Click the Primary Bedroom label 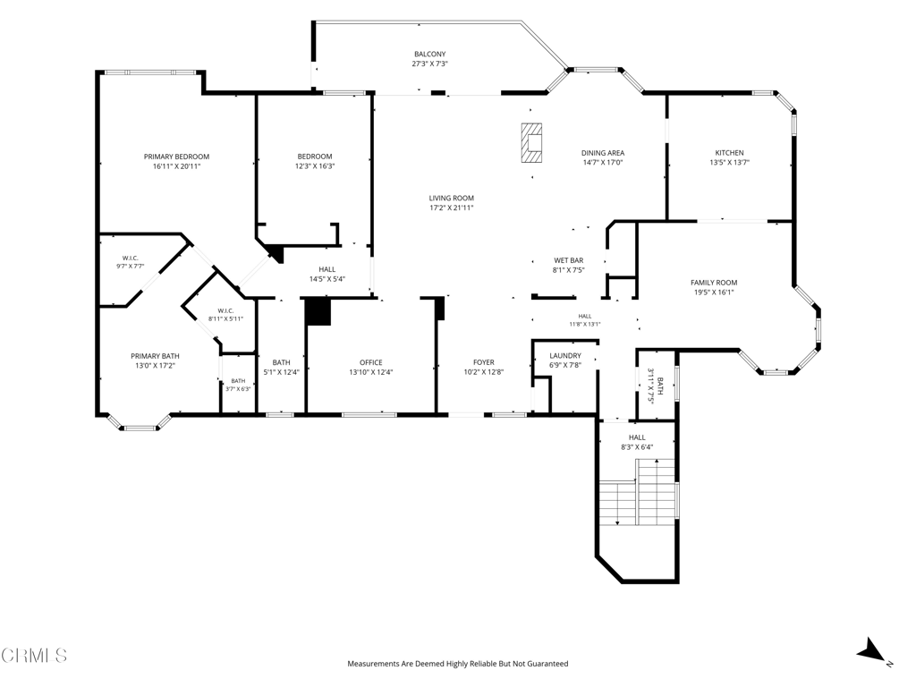[176, 157]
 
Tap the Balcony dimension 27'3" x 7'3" [430, 64]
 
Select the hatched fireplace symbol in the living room [531, 142]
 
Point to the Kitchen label [730, 153]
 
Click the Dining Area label [603, 153]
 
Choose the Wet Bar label [568, 260]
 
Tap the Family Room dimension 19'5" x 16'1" [714, 293]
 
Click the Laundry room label [565, 356]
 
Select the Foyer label [484, 362]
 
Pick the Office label [371, 362]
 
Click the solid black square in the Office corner [318, 311]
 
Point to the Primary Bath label [155, 356]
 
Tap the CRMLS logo [34, 656]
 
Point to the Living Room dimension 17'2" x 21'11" [452, 208]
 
